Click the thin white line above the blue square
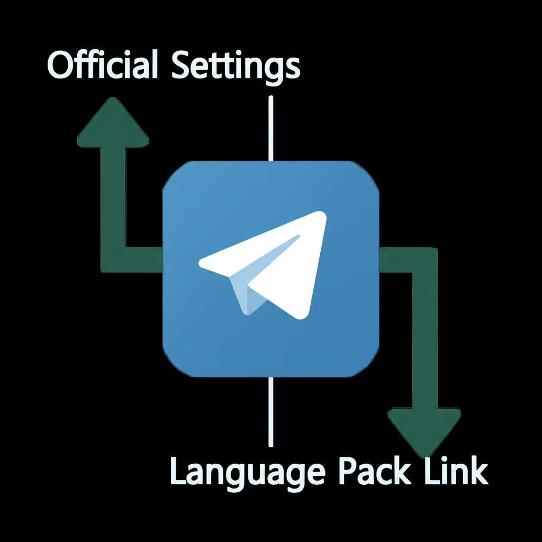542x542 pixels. [271, 127]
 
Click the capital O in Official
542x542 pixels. [59, 67]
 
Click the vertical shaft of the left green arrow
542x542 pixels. [113, 201]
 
